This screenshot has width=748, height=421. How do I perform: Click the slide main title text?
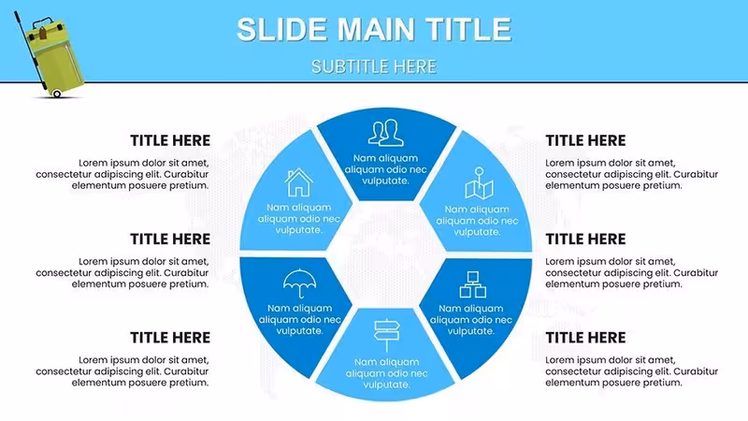pyautogui.click(x=374, y=29)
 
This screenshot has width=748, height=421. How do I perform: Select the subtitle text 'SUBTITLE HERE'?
pyautogui.click(x=374, y=66)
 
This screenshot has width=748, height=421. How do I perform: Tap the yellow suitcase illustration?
pyautogui.click(x=50, y=55)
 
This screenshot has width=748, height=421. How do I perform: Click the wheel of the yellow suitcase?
pyautogui.click(x=57, y=94)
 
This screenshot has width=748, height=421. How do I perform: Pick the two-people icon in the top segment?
pyautogui.click(x=385, y=133)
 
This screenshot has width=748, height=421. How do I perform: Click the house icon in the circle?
pyautogui.click(x=298, y=182)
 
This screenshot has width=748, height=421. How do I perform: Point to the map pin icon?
pyautogui.click(x=479, y=182)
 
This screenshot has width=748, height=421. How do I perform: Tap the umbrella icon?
pyautogui.click(x=299, y=283)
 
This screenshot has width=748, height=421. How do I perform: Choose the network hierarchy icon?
pyautogui.click(x=473, y=284)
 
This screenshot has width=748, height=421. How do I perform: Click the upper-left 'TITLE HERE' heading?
pyautogui.click(x=170, y=141)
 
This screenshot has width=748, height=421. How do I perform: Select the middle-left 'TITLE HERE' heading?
pyautogui.click(x=170, y=240)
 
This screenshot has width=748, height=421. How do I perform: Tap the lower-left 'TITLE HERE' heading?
pyautogui.click(x=170, y=338)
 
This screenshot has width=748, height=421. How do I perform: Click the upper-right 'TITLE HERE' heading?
pyautogui.click(x=585, y=141)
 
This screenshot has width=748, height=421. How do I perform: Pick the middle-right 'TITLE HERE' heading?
pyautogui.click(x=585, y=240)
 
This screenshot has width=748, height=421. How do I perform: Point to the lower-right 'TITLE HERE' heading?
pyautogui.click(x=585, y=338)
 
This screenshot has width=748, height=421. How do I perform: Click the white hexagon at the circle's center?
pyautogui.click(x=386, y=254)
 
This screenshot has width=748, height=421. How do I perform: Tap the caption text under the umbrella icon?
pyautogui.click(x=299, y=319)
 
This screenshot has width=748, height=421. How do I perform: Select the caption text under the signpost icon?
pyautogui.click(x=386, y=373)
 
